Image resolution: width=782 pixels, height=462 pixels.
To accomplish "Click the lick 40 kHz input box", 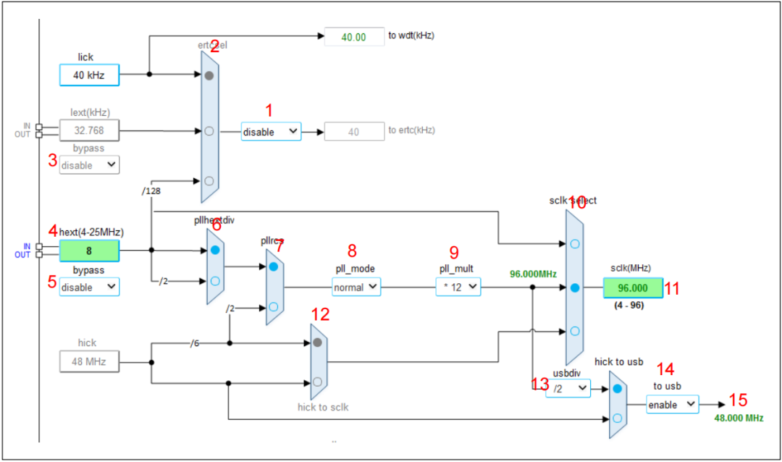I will [x=88, y=75].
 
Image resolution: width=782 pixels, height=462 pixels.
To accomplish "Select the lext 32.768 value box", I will [x=88, y=131].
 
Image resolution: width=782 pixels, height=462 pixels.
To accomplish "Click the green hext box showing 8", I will [x=88, y=251].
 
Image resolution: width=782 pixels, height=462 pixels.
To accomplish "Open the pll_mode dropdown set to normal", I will [x=356, y=287].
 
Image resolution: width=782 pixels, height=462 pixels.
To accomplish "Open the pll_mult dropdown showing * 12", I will [x=458, y=287].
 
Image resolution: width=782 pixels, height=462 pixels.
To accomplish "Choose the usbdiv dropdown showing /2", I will [x=568, y=389].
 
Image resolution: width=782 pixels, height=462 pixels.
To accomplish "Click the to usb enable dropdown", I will [x=672, y=404].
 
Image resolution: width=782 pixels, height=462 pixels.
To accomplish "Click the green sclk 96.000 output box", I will [x=632, y=287].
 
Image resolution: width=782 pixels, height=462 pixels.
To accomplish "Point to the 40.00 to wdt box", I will [x=353, y=37].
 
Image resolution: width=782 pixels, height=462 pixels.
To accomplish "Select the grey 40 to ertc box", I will [x=354, y=131].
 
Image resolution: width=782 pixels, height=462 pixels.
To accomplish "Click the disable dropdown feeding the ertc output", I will [x=270, y=132].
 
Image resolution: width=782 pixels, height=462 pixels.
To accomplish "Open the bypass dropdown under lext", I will [x=89, y=165].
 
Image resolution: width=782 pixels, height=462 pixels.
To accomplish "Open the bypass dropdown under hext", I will [x=89, y=287].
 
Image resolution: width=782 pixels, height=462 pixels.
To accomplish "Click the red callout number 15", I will [x=738, y=400].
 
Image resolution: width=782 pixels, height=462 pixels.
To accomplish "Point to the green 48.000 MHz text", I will [x=738, y=419].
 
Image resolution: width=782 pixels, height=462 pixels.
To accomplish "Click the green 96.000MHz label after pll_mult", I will [x=533, y=274].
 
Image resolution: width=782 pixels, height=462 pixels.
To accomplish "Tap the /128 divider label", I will [x=153, y=191].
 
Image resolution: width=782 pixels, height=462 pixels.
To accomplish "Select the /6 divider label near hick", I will [x=194, y=343].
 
